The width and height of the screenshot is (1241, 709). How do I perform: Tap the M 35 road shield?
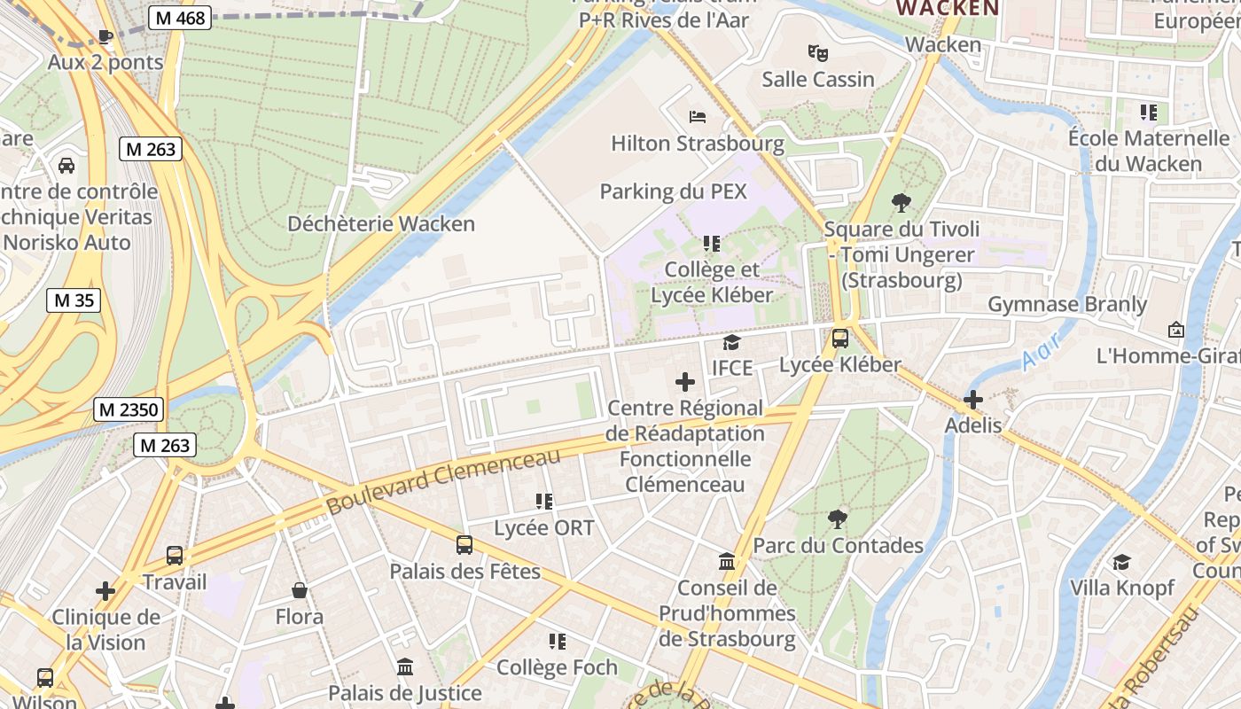(x=74, y=300)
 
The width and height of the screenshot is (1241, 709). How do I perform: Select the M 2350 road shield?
(x=129, y=409)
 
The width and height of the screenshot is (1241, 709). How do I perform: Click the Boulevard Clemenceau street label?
(x=443, y=482)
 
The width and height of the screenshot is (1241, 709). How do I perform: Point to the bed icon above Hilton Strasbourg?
(x=698, y=116)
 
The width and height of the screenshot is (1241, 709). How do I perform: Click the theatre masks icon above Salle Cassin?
(x=818, y=52)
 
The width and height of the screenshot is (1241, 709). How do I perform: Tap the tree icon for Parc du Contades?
(x=837, y=518)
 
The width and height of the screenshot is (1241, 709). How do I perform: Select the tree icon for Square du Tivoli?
(x=901, y=203)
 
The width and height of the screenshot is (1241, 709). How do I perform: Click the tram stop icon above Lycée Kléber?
(x=839, y=339)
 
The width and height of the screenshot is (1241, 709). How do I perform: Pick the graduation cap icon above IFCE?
(x=731, y=342)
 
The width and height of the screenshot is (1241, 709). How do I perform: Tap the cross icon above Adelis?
(x=973, y=400)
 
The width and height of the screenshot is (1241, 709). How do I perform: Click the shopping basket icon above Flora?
(x=300, y=590)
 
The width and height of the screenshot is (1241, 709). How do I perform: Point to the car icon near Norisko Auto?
(x=66, y=166)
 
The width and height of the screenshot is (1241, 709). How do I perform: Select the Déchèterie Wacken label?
(x=381, y=223)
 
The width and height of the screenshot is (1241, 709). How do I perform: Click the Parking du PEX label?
(x=674, y=191)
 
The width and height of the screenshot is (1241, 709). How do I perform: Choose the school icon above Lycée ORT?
(x=544, y=502)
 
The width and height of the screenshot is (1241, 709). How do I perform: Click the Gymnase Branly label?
(x=1067, y=305)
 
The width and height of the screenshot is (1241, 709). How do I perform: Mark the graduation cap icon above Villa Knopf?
(x=1121, y=562)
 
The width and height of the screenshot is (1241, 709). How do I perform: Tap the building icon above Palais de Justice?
(x=405, y=666)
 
